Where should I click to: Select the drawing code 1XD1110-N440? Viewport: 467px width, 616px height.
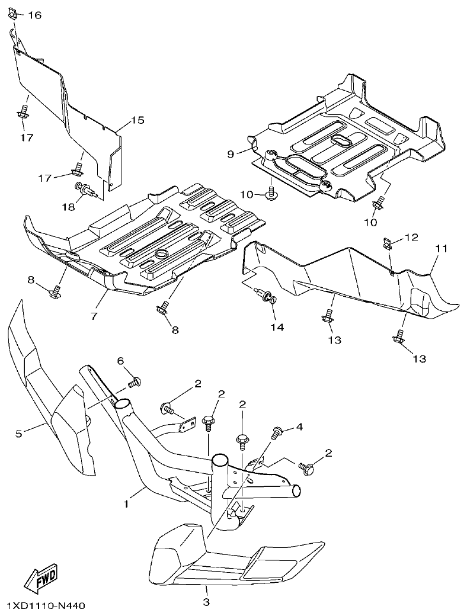click(x=47, y=606)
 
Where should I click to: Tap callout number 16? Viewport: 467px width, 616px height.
click(x=34, y=15)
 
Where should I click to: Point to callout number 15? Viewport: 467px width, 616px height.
click(x=137, y=120)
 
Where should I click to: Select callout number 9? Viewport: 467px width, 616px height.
click(x=231, y=154)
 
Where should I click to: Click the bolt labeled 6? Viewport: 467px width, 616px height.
click(x=135, y=382)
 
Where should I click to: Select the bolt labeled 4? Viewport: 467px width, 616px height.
click(x=276, y=433)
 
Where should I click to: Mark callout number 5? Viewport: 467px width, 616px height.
click(x=19, y=434)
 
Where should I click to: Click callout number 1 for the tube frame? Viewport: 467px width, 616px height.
click(x=126, y=504)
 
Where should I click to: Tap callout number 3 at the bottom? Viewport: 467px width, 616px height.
click(x=207, y=602)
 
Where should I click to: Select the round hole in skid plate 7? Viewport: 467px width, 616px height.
click(x=160, y=254)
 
